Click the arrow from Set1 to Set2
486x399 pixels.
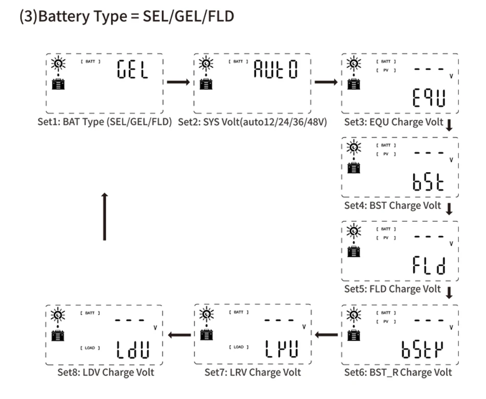tap(179, 82)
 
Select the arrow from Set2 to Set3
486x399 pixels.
tap(326, 82)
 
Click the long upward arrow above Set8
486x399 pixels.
tap(104, 216)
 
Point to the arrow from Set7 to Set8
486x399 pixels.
tap(179, 335)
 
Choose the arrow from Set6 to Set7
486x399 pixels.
tap(326, 335)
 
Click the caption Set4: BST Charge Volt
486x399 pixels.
tap(392, 206)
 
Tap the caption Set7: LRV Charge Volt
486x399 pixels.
tap(253, 372)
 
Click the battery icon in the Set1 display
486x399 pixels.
tap(58, 84)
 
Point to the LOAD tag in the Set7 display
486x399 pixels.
tap(238, 348)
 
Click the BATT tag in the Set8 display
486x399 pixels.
tap(91, 312)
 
